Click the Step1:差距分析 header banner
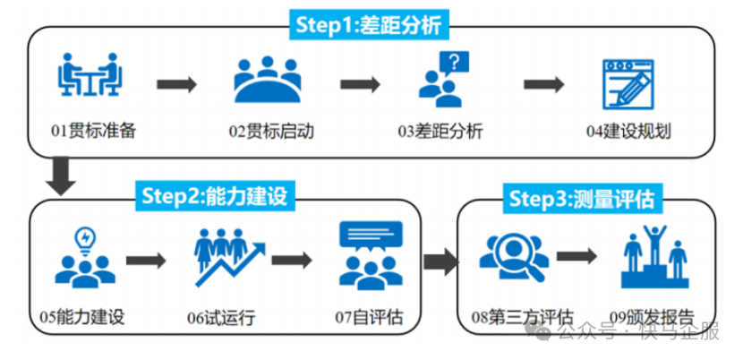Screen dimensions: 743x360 tap(369, 25)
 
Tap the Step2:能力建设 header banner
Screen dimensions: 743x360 tap(215, 195)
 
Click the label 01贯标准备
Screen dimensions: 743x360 tap(94, 131)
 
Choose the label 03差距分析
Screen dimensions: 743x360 tap(440, 131)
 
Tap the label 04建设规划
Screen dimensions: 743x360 tap(628, 131)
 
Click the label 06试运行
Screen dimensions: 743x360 tap(221, 317)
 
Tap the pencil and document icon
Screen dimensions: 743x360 tap(628, 84)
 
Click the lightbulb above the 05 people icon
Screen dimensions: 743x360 tap(86, 240)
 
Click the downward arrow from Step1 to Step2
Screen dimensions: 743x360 tap(61, 176)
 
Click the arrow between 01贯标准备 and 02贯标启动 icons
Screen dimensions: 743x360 tap(176, 84)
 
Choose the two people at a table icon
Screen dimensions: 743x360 tap(90, 74)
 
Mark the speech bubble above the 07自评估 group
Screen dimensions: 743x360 tap(371, 236)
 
